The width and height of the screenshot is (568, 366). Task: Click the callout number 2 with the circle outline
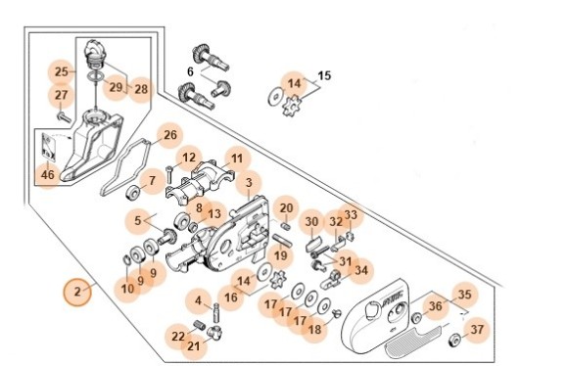tap(77, 292)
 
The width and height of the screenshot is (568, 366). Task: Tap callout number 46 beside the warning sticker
tap(48, 175)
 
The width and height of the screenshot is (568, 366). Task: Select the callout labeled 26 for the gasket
tap(170, 135)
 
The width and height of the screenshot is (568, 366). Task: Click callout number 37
tap(477, 330)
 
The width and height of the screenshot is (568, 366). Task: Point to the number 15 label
tap(324, 75)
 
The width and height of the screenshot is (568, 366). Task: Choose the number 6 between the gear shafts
tap(190, 72)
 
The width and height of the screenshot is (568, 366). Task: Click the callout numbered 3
tap(249, 183)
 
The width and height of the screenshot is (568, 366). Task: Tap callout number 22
tap(178, 337)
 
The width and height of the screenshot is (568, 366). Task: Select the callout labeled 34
tap(360, 270)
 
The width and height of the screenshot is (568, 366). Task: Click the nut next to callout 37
tap(454, 340)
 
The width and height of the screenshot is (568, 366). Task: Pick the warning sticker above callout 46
tap(48, 148)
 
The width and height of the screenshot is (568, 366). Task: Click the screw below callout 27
tap(64, 116)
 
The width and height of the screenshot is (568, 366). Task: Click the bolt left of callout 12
tap(169, 174)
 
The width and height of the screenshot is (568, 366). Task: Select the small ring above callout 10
tap(127, 260)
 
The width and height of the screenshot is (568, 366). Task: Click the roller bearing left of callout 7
tap(133, 192)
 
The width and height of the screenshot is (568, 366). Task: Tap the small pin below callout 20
tap(286, 227)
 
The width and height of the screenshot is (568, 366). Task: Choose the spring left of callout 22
tap(199, 325)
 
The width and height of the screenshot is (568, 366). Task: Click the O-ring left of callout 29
tap(96, 76)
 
